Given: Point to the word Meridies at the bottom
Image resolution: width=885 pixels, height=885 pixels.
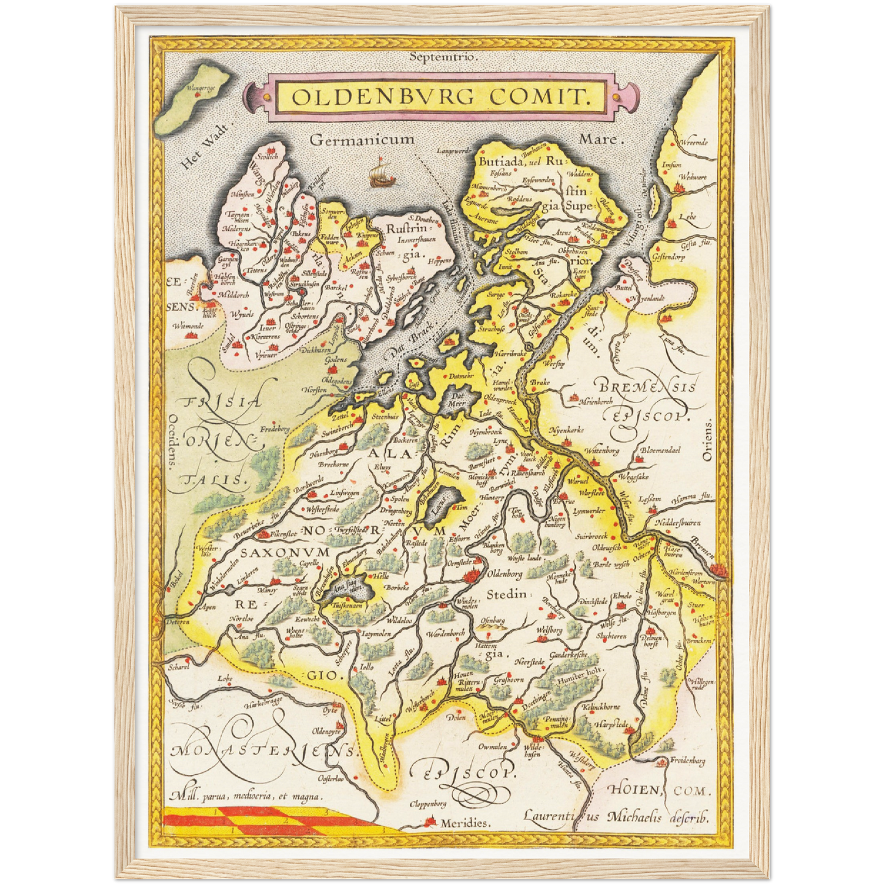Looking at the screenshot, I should pyautogui.click(x=465, y=823).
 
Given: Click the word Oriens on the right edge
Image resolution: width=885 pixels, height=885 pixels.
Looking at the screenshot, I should pyautogui.click(x=709, y=440).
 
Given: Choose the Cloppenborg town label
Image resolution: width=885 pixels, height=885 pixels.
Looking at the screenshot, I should pyautogui.click(x=428, y=804).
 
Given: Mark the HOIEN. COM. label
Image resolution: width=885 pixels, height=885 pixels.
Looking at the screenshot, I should pyautogui.click(x=659, y=791).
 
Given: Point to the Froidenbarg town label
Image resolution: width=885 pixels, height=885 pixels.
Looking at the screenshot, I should pyautogui.click(x=687, y=761).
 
